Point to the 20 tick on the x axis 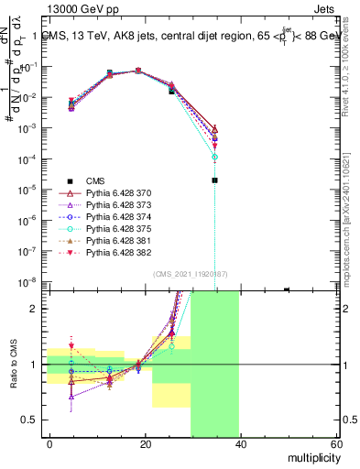point(145,443)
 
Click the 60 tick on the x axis point(335,443)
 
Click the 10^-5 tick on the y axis point(29,190)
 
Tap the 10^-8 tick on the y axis point(29,282)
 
